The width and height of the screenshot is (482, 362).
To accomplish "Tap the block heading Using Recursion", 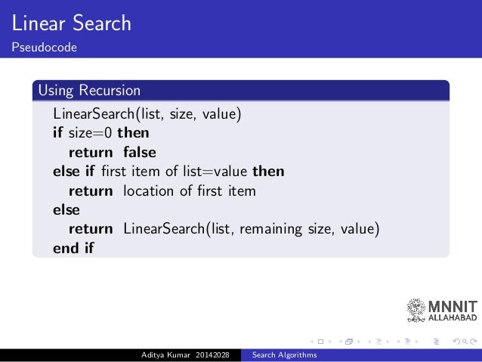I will tap(89, 91).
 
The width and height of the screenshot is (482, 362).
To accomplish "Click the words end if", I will tap(73, 247).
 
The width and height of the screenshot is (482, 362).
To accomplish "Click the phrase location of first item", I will tap(190, 190).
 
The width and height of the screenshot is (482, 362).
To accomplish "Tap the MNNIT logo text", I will tap(452, 307).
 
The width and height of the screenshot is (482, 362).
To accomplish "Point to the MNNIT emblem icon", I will tap(416, 310).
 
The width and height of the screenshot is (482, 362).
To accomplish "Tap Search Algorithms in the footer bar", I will tap(284, 355).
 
